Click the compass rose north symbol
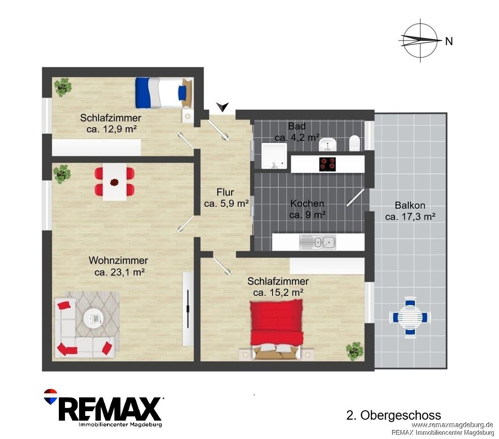(x=420, y=41)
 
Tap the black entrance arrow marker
(x=223, y=106)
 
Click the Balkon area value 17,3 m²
(x=410, y=217)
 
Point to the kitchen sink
(x=318, y=243)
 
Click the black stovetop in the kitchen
(x=328, y=164)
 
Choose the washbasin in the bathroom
(x=328, y=145)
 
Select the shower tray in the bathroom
(x=274, y=155)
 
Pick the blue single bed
(x=164, y=92)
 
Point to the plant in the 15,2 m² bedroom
(x=354, y=351)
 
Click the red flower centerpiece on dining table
(x=114, y=182)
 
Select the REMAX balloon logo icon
(x=50, y=397)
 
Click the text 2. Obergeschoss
(x=394, y=415)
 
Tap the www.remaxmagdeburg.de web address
(x=452, y=425)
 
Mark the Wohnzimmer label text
(x=118, y=260)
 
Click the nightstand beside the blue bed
(x=187, y=116)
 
